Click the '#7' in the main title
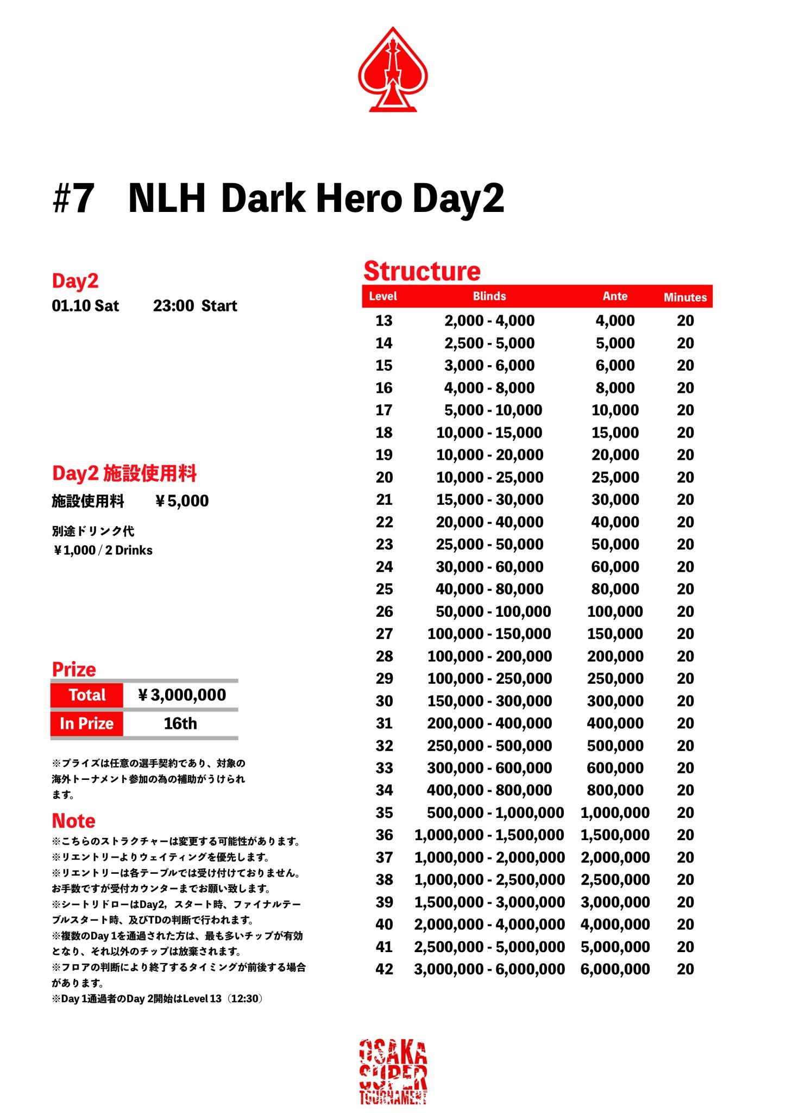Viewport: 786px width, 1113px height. click(x=73, y=199)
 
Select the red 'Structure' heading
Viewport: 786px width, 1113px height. click(x=422, y=271)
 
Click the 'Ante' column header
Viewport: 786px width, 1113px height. click(x=615, y=296)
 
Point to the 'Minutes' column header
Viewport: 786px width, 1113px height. click(x=685, y=297)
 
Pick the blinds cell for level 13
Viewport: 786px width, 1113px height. click(x=489, y=321)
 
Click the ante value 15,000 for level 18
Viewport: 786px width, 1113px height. click(x=615, y=433)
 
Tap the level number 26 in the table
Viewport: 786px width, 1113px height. click(x=384, y=611)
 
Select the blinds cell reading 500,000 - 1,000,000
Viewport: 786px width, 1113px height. click(x=495, y=812)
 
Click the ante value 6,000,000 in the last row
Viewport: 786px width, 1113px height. click(x=615, y=969)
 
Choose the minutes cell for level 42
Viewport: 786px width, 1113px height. click(x=685, y=969)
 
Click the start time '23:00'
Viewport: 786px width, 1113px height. click(x=173, y=306)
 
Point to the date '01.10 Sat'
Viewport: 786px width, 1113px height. click(x=85, y=306)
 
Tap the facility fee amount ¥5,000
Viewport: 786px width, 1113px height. click(x=182, y=501)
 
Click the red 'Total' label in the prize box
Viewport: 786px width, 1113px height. click(x=87, y=695)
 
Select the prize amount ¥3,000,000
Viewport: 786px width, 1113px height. click(x=182, y=695)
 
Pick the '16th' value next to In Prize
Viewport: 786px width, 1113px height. click(x=180, y=724)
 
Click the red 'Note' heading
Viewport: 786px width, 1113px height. click(x=73, y=821)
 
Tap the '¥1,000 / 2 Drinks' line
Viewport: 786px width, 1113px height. click(x=103, y=551)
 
